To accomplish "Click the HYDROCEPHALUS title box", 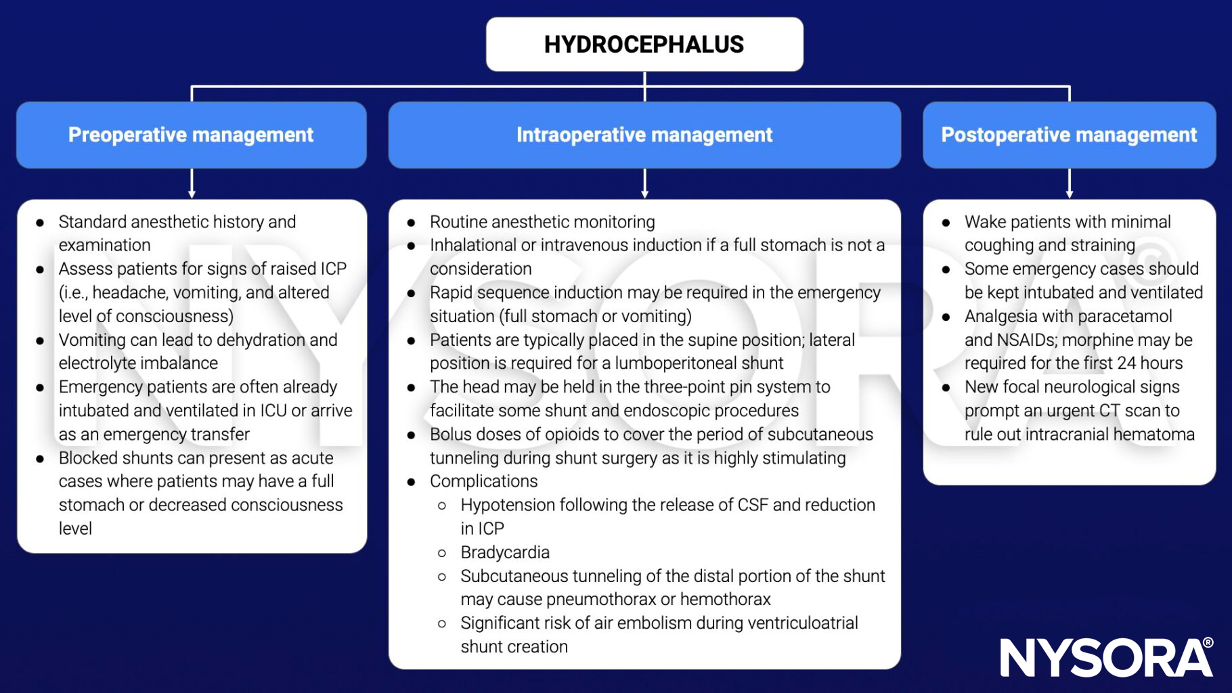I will [644, 45].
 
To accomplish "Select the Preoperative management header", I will [191, 135].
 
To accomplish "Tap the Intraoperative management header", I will [644, 135].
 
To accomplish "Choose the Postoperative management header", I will [1069, 135].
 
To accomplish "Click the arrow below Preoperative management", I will [192, 183].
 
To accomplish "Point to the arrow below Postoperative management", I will [1069, 183].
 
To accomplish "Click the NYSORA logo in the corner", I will [1106, 657].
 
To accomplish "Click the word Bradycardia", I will [505, 552].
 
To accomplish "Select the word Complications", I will [483, 481].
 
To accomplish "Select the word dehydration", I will [260, 340].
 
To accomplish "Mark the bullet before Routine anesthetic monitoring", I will [411, 223].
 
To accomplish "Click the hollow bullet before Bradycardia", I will [442, 553].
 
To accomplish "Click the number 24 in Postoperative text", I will [1126, 363].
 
